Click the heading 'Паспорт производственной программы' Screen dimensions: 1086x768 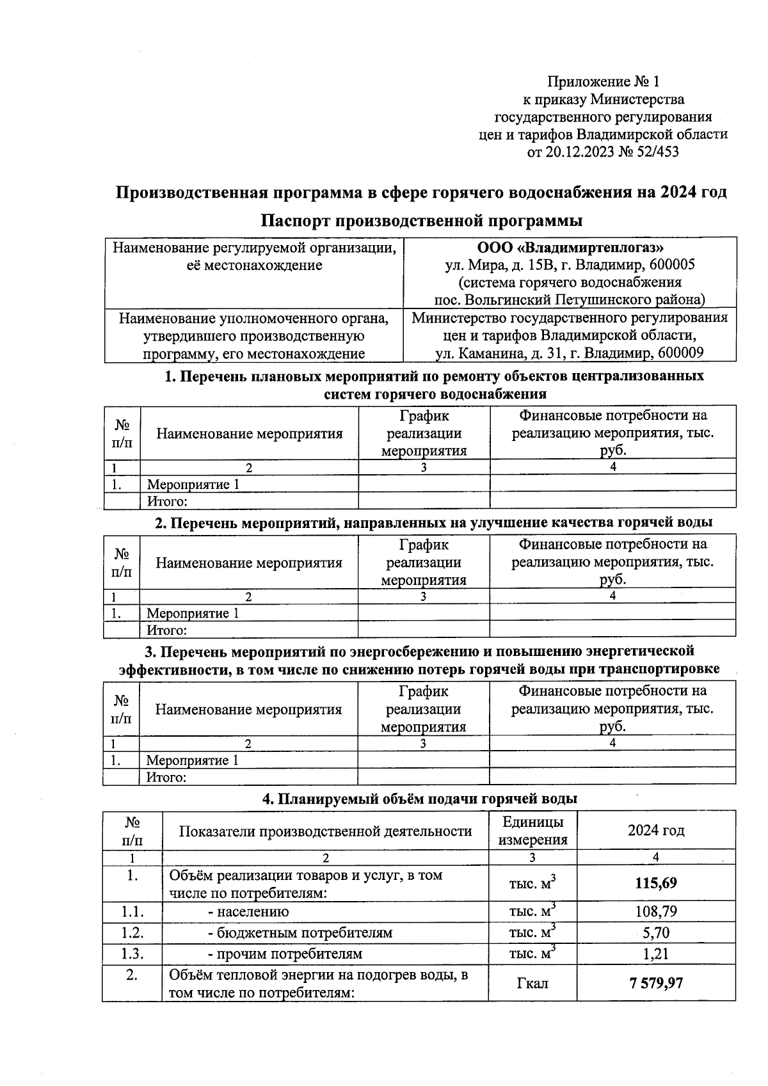click(422, 221)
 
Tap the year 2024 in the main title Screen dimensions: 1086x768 click(679, 193)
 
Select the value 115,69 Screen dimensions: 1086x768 click(656, 884)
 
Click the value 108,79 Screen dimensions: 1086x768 click(656, 911)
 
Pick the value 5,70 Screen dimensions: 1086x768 click(656, 932)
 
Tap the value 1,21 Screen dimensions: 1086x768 click(656, 954)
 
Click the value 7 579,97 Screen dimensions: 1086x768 click(656, 982)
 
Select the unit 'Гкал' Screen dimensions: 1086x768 click(532, 983)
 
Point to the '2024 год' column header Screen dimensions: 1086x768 click(656, 831)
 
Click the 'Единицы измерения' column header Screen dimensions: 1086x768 click(532, 831)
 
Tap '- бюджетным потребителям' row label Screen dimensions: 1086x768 click(300, 932)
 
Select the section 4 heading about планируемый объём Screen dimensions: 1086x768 click(420, 799)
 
